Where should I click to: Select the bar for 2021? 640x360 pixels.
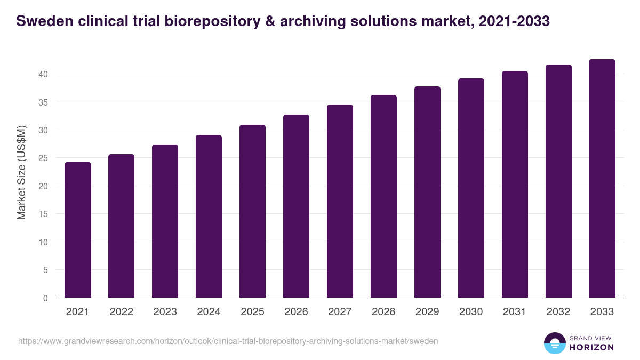78,230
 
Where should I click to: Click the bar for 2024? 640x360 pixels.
209,217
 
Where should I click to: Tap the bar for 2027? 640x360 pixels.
340,201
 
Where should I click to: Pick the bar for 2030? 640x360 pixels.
471,188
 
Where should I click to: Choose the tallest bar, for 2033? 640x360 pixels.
602,179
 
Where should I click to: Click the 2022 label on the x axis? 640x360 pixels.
122,312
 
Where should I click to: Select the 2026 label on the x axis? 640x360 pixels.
296,312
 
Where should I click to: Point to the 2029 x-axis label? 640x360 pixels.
427,312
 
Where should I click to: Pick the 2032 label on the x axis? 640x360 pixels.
558,312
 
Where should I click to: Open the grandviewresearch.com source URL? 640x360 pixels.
228,341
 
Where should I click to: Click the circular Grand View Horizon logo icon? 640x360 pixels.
554,343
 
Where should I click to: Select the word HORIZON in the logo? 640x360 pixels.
591,347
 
